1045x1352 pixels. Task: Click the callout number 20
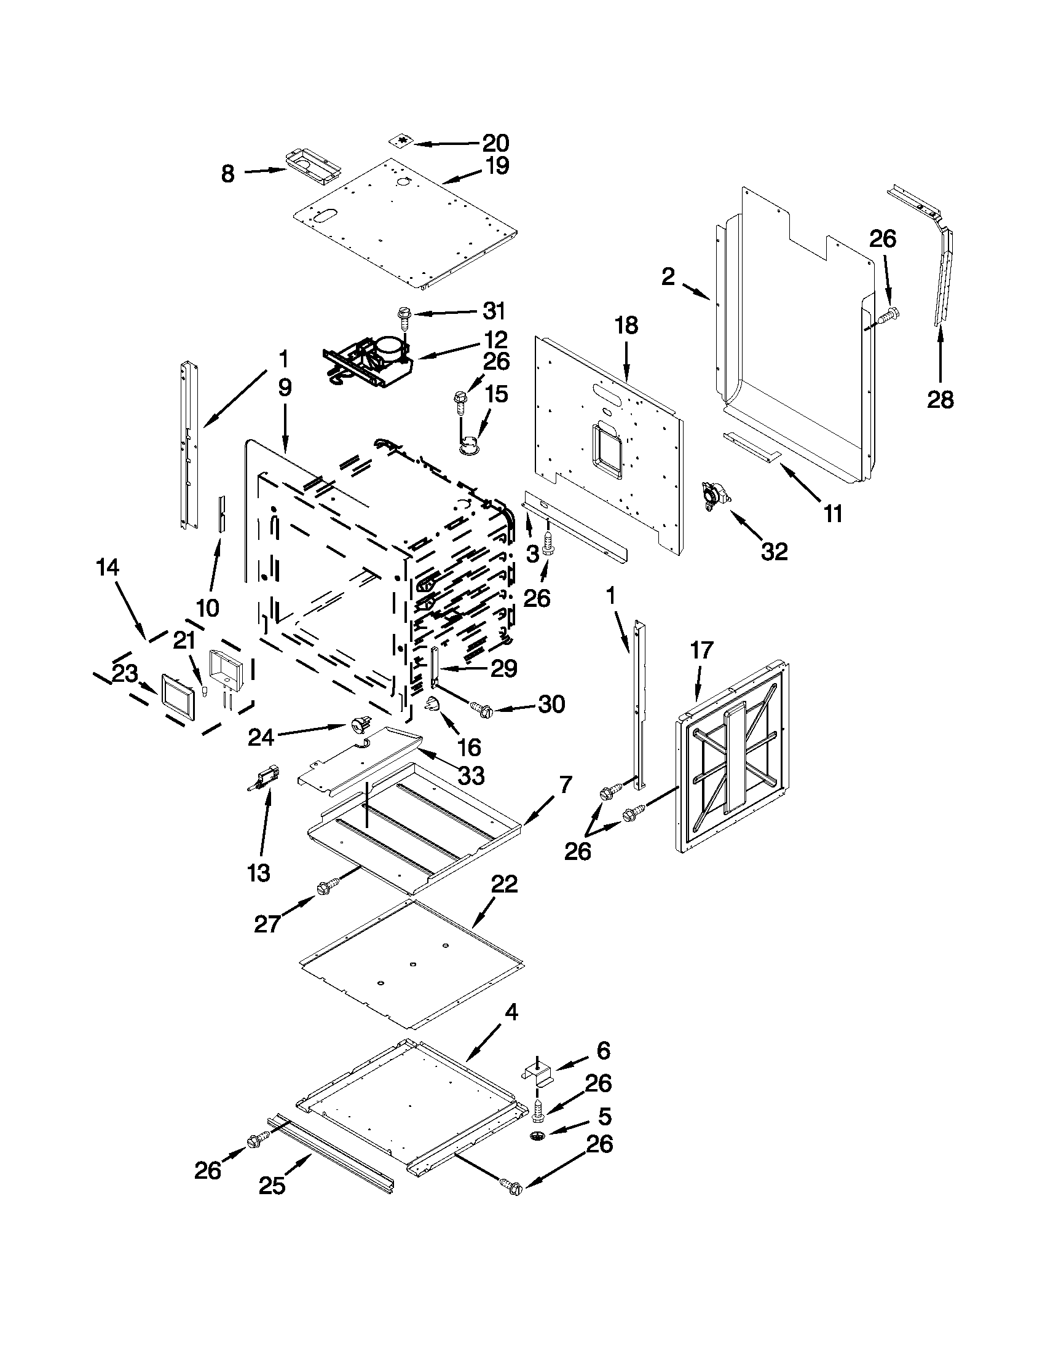click(495, 143)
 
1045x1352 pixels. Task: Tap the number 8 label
click(228, 174)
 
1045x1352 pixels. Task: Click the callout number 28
click(940, 401)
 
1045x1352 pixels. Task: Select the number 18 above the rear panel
click(626, 325)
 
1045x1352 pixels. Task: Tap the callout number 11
click(833, 513)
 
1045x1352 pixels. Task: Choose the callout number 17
click(703, 651)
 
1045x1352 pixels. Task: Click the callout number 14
click(108, 568)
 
